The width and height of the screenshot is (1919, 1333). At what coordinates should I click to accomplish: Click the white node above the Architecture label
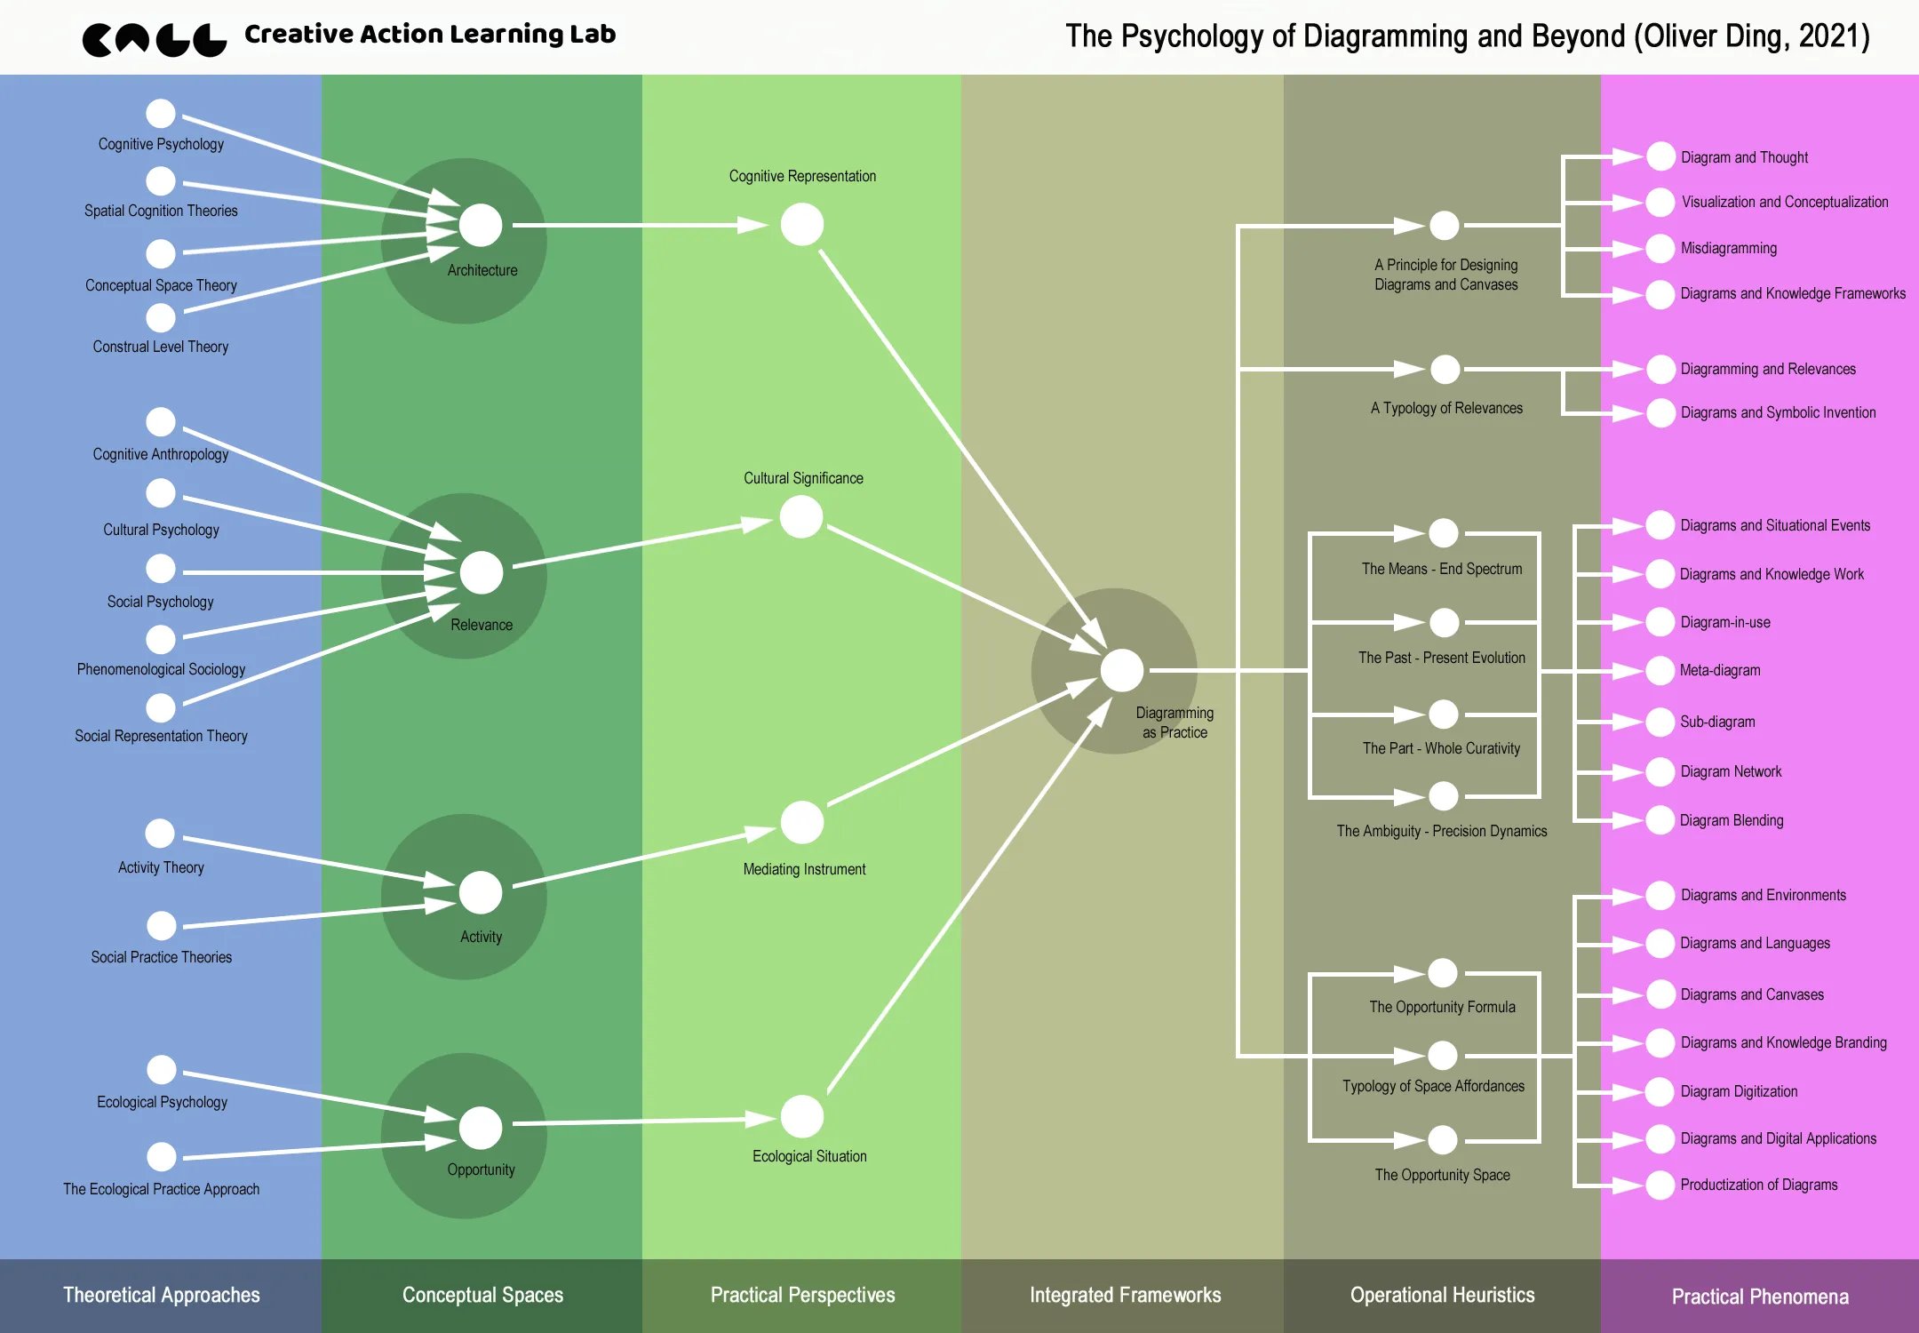click(x=481, y=226)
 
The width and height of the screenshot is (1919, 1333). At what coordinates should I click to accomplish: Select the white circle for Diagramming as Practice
click(x=1122, y=670)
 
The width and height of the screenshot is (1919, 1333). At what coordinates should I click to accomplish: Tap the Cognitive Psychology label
click(x=161, y=144)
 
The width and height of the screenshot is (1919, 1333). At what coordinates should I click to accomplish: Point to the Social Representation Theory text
click(x=161, y=736)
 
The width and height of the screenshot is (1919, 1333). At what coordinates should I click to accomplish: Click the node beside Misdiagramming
click(x=1660, y=249)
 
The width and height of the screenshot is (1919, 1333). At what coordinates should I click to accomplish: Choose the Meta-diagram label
click(x=1720, y=670)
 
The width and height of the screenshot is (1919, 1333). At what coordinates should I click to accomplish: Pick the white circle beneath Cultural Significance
click(x=801, y=517)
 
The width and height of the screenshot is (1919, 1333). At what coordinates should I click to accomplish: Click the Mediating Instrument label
click(x=804, y=869)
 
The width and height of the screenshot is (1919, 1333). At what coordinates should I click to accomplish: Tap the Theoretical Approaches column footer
click(x=161, y=1295)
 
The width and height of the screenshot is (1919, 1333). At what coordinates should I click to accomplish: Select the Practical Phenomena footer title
click(x=1759, y=1297)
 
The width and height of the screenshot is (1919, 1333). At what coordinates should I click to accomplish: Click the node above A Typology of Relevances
click(x=1445, y=369)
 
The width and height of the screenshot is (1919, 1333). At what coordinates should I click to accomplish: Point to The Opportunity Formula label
click(x=1442, y=1007)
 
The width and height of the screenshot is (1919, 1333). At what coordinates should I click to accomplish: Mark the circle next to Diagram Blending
click(x=1660, y=820)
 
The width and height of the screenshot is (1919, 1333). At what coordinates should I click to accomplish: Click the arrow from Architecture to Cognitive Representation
click(x=631, y=226)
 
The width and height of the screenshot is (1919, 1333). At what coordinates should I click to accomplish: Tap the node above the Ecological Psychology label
click(x=161, y=1070)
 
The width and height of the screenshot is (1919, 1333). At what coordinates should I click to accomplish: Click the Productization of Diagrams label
click(x=1758, y=1185)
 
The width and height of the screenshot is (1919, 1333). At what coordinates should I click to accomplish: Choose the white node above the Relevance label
click(x=482, y=573)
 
